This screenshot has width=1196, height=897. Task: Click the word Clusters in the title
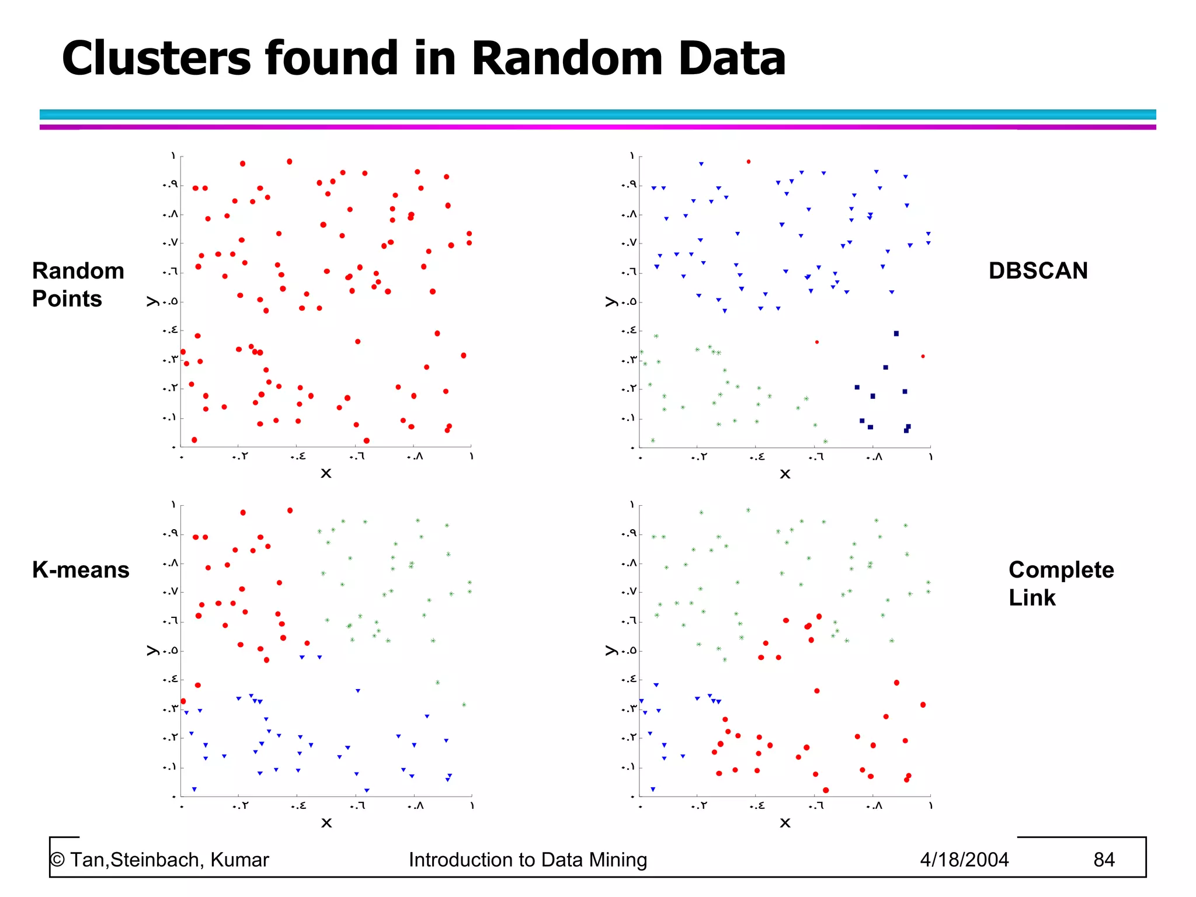coord(157,58)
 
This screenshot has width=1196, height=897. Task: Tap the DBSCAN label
coord(1038,271)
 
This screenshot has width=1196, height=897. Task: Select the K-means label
coord(81,570)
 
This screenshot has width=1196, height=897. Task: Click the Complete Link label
coord(1061,583)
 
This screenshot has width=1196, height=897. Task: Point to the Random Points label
coord(78,285)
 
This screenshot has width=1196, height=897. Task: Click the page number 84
coord(1104,860)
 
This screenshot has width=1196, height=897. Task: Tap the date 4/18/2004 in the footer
coord(964,860)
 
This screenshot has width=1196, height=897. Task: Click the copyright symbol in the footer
coord(57,860)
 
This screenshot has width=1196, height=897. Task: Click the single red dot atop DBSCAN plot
coord(749,162)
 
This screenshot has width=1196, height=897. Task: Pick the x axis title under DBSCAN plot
coord(785,474)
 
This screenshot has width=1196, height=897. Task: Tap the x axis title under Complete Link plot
coord(785,823)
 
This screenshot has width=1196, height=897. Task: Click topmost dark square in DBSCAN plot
coord(896,333)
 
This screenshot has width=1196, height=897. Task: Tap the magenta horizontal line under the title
coord(597,127)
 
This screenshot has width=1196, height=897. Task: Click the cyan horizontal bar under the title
coord(597,114)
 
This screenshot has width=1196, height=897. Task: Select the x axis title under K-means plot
coord(326,823)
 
